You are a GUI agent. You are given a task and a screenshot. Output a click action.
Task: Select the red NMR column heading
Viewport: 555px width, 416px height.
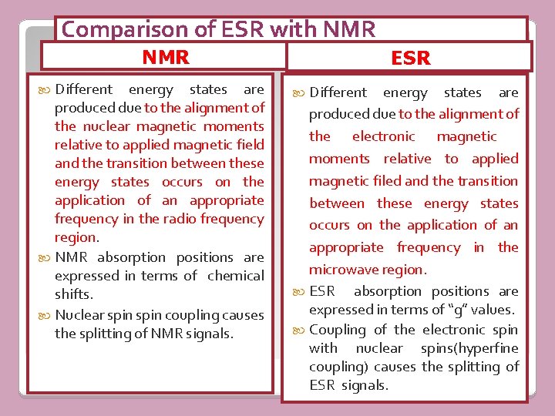[x=166, y=57]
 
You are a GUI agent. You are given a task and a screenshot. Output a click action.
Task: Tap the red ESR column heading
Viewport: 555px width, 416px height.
[x=411, y=59]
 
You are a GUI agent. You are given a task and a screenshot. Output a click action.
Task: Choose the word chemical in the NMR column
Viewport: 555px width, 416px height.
[x=235, y=276]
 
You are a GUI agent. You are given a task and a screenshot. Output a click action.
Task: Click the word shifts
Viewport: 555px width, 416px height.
[x=73, y=294]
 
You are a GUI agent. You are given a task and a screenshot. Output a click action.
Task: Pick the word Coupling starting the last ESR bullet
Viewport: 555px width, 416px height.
[x=338, y=330]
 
